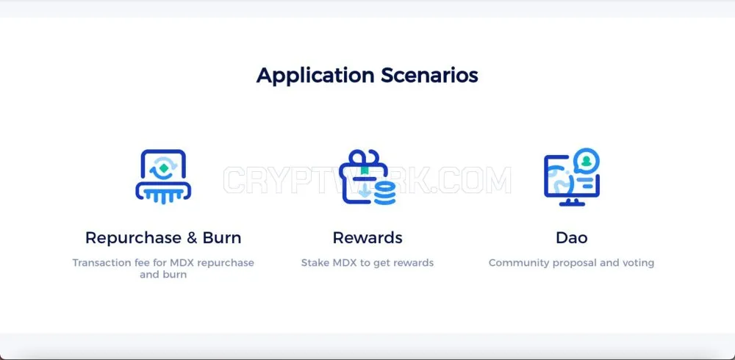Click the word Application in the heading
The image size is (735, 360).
[x=315, y=76]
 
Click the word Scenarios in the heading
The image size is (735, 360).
[x=429, y=75]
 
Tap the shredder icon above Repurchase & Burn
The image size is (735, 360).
[x=163, y=176]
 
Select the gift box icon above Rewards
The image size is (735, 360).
[x=367, y=177]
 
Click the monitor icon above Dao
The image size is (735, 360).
[x=572, y=177]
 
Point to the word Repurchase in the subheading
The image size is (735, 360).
[x=133, y=238]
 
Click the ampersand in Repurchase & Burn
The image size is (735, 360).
[x=192, y=238]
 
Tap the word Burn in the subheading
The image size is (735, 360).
[x=222, y=237]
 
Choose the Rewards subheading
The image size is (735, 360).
[x=367, y=237]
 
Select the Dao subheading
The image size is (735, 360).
[x=571, y=237]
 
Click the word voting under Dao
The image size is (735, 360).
[x=638, y=263]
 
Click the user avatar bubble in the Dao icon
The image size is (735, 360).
[x=586, y=160]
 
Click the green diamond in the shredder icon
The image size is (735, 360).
[x=163, y=167]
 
